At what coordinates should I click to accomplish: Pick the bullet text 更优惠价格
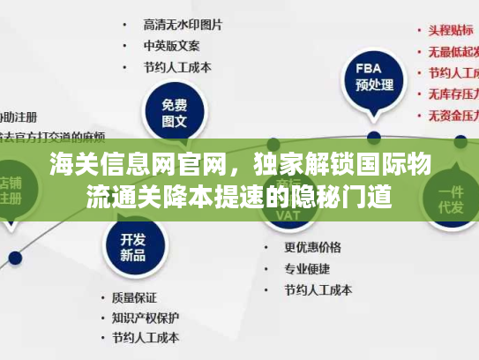(311, 246)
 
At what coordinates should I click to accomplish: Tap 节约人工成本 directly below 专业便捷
(318, 289)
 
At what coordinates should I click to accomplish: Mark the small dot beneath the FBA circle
(374, 138)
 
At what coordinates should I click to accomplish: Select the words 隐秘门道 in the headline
(350, 194)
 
